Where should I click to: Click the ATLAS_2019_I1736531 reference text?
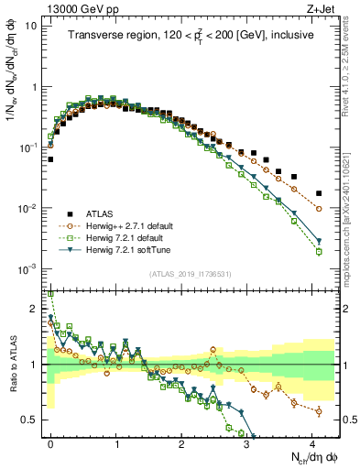(191, 274)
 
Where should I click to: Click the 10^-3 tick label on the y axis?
(27, 268)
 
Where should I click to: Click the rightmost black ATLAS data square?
(319, 194)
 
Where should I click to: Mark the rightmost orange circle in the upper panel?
(319, 209)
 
